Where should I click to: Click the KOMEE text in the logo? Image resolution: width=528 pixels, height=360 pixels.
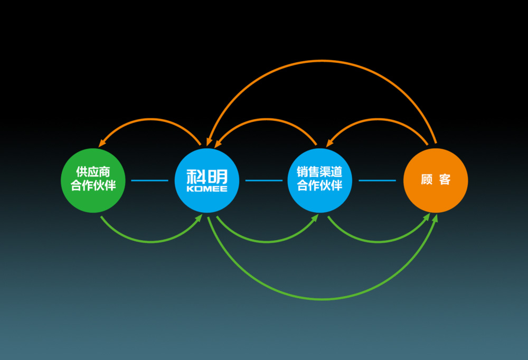(x=206, y=188)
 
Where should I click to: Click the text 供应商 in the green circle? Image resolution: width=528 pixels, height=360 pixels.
(x=93, y=172)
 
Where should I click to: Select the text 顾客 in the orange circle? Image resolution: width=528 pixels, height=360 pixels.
(x=436, y=180)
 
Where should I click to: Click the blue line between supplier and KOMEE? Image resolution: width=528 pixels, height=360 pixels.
(x=149, y=181)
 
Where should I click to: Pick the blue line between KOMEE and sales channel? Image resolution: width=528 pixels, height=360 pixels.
(x=263, y=181)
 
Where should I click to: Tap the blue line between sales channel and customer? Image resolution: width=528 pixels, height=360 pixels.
(x=377, y=181)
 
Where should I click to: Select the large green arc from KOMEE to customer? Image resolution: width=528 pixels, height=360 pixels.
(x=322, y=299)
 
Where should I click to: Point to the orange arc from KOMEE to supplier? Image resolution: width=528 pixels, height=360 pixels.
(x=150, y=119)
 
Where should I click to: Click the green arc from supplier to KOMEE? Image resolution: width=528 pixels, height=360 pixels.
(x=150, y=242)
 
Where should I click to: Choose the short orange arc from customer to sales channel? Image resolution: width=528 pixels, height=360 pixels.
(x=378, y=119)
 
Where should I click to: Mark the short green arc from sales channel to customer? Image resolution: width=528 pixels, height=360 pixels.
(x=378, y=242)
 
